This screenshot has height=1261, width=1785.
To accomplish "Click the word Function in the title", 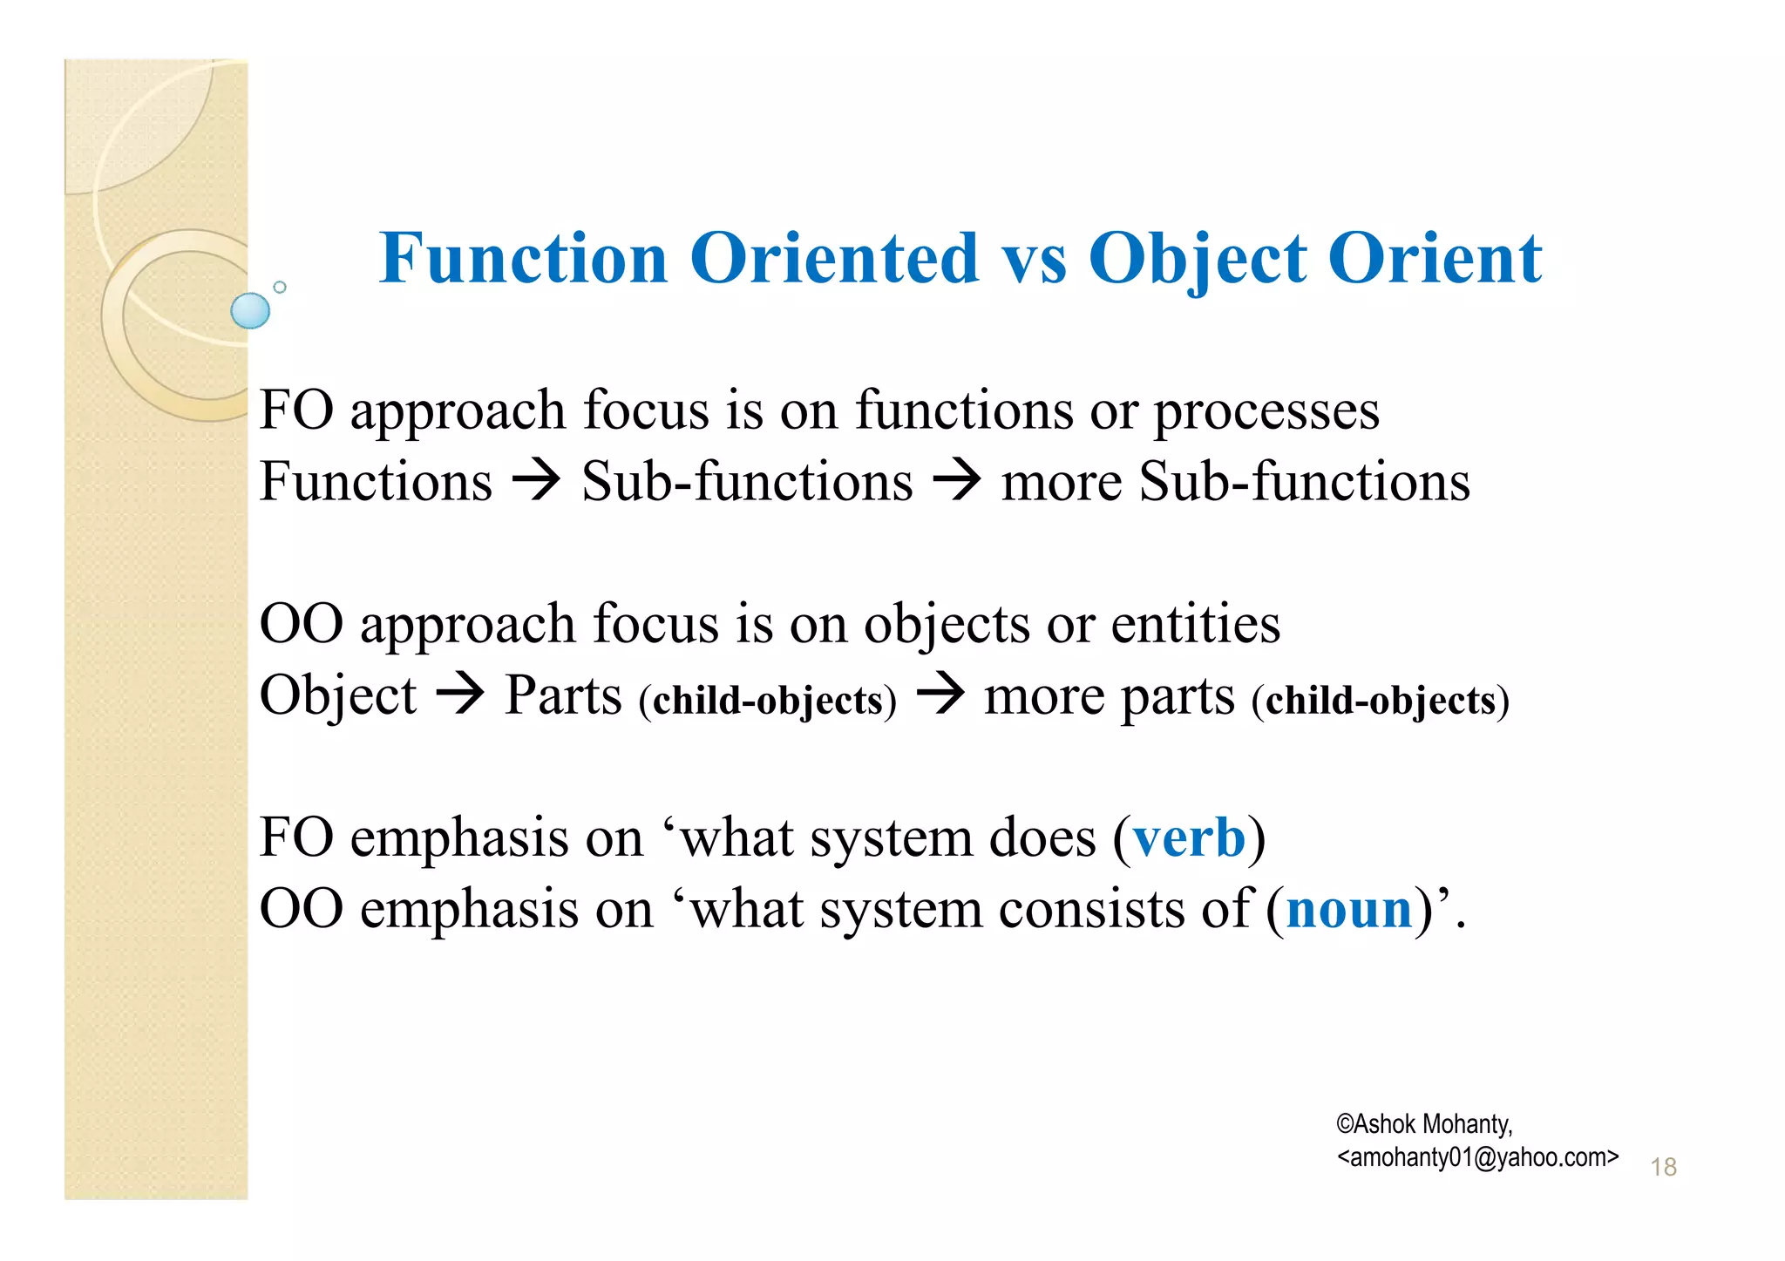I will (523, 259).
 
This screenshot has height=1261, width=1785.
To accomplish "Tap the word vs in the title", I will (1034, 259).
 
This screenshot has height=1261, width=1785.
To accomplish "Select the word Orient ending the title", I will (1435, 259).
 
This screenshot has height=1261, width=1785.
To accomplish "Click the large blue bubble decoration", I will (250, 311).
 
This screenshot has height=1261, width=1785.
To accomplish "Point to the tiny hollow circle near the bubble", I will (280, 287).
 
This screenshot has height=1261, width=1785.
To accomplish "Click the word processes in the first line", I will (1266, 411).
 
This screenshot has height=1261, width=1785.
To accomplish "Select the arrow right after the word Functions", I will (535, 482).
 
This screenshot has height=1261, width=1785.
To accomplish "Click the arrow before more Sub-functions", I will (956, 482).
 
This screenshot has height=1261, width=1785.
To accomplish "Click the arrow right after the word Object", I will (459, 695).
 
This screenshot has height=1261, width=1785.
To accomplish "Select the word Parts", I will (563, 695).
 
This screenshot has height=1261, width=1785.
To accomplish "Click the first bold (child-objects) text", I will (767, 701).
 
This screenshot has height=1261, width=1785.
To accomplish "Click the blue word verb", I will (1189, 837).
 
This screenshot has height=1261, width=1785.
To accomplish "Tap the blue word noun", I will (1348, 909).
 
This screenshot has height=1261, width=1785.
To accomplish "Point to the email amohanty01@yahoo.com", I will (1477, 1157).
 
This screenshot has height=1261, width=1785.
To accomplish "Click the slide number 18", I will (1663, 1167).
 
